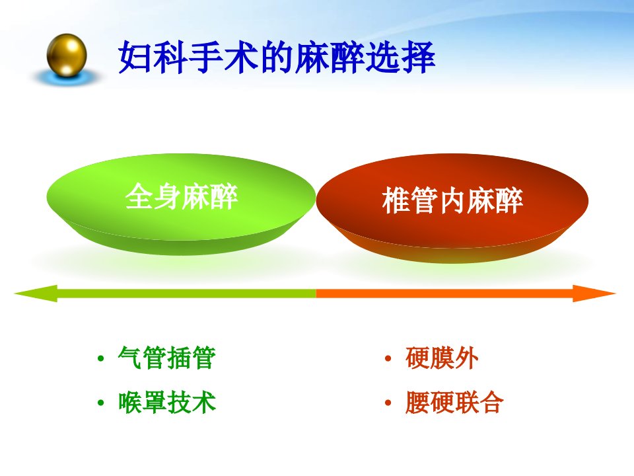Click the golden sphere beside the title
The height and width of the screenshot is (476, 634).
67,56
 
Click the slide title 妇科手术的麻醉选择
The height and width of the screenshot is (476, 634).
277,57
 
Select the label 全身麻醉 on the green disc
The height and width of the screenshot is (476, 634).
182,197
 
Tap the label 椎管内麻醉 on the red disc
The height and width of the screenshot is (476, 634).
452,200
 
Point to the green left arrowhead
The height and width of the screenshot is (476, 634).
36,294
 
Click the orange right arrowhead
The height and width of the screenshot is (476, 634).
594,294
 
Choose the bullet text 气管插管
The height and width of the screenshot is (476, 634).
167,358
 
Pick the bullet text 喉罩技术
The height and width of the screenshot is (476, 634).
167,403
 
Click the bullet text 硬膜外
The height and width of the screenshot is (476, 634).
442,358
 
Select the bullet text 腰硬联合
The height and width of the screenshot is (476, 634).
454,403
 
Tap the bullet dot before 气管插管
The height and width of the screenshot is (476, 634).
101,358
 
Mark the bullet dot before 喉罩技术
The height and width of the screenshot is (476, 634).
101,403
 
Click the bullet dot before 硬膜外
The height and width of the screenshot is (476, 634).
388,358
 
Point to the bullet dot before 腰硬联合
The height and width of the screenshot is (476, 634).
388,403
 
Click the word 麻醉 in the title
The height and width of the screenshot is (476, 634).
329,57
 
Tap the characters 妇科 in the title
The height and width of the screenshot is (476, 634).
153,57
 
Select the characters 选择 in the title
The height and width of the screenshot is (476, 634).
400,57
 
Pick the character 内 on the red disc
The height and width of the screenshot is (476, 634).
452,200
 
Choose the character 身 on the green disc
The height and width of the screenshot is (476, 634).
167,197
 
